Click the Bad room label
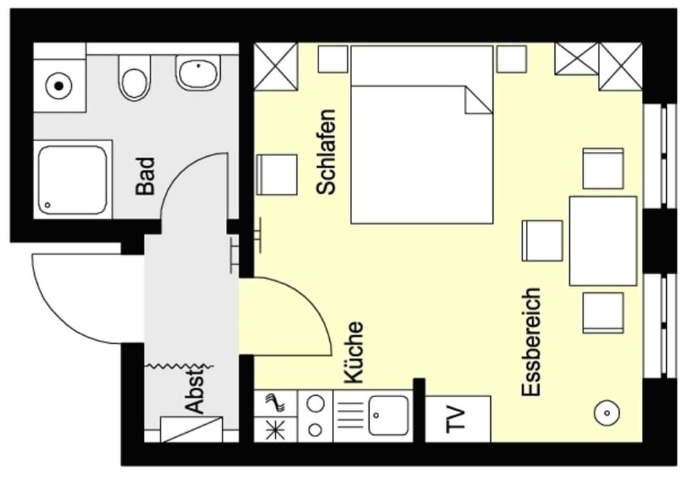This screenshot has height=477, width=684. point(145,176)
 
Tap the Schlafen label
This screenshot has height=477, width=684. point(326,152)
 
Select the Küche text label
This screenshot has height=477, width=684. point(353,353)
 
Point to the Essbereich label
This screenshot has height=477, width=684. point(531,342)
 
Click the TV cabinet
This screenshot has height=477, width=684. point(457,419)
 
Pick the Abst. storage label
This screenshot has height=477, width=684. point(195,391)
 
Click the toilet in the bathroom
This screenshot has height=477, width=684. point(135,78)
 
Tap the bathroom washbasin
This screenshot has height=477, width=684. point(197,73)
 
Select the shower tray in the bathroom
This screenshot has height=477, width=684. point(73,180)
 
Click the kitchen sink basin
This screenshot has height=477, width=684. point(388,416)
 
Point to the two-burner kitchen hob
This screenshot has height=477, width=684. point(316,416)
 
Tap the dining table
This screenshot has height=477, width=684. point(603,241)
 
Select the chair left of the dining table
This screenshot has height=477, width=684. point(542,241)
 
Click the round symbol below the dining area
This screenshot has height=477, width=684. point(607,412)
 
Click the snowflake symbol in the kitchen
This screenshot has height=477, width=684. point(275,430)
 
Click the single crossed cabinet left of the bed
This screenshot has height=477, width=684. point(276,66)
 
